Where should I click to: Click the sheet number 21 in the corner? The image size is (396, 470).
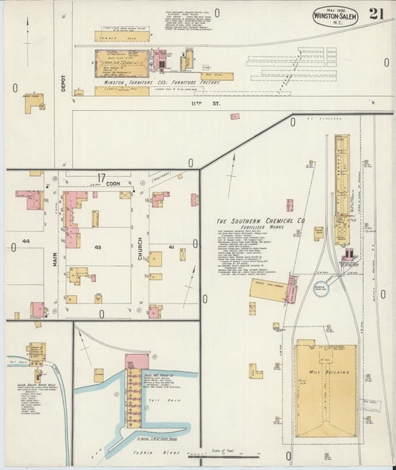click(375, 14)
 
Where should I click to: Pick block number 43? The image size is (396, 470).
click(97, 246)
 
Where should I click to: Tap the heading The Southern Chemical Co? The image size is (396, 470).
click(261, 222)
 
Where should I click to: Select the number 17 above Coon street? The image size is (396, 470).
click(101, 177)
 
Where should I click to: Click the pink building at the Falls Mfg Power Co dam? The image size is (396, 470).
click(137, 361)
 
